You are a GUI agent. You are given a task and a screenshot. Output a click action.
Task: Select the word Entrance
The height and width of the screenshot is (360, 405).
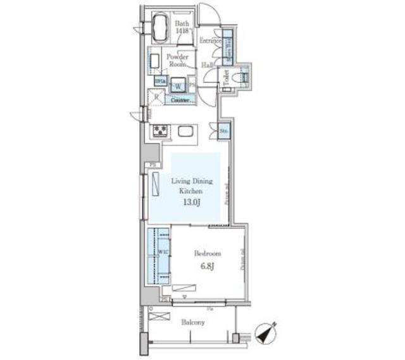tap(209, 41)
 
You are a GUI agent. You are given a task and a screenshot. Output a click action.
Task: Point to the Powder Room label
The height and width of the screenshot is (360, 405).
tap(177, 60)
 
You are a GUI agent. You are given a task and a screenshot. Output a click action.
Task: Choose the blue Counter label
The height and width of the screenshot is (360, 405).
tap(180, 100)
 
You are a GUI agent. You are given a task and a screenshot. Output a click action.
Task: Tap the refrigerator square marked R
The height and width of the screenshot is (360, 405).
tap(155, 97)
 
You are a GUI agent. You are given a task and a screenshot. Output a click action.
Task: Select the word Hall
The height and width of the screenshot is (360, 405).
tap(207, 65)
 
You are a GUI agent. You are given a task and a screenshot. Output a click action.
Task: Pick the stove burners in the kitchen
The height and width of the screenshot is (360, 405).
tap(160, 131)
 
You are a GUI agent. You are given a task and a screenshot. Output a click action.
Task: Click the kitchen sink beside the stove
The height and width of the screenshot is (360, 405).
tap(186, 132)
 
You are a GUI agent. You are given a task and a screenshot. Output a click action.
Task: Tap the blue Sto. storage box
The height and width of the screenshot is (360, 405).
tap(224, 131)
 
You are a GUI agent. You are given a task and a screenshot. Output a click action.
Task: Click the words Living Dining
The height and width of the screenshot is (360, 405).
tap(191, 182)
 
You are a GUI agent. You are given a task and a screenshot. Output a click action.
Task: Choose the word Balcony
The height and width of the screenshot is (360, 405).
tap(193, 323)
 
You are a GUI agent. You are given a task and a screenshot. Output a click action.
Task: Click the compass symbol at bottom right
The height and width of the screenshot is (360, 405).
tap(266, 334)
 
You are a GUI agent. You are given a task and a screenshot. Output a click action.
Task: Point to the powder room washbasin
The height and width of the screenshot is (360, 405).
tap(154, 61)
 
